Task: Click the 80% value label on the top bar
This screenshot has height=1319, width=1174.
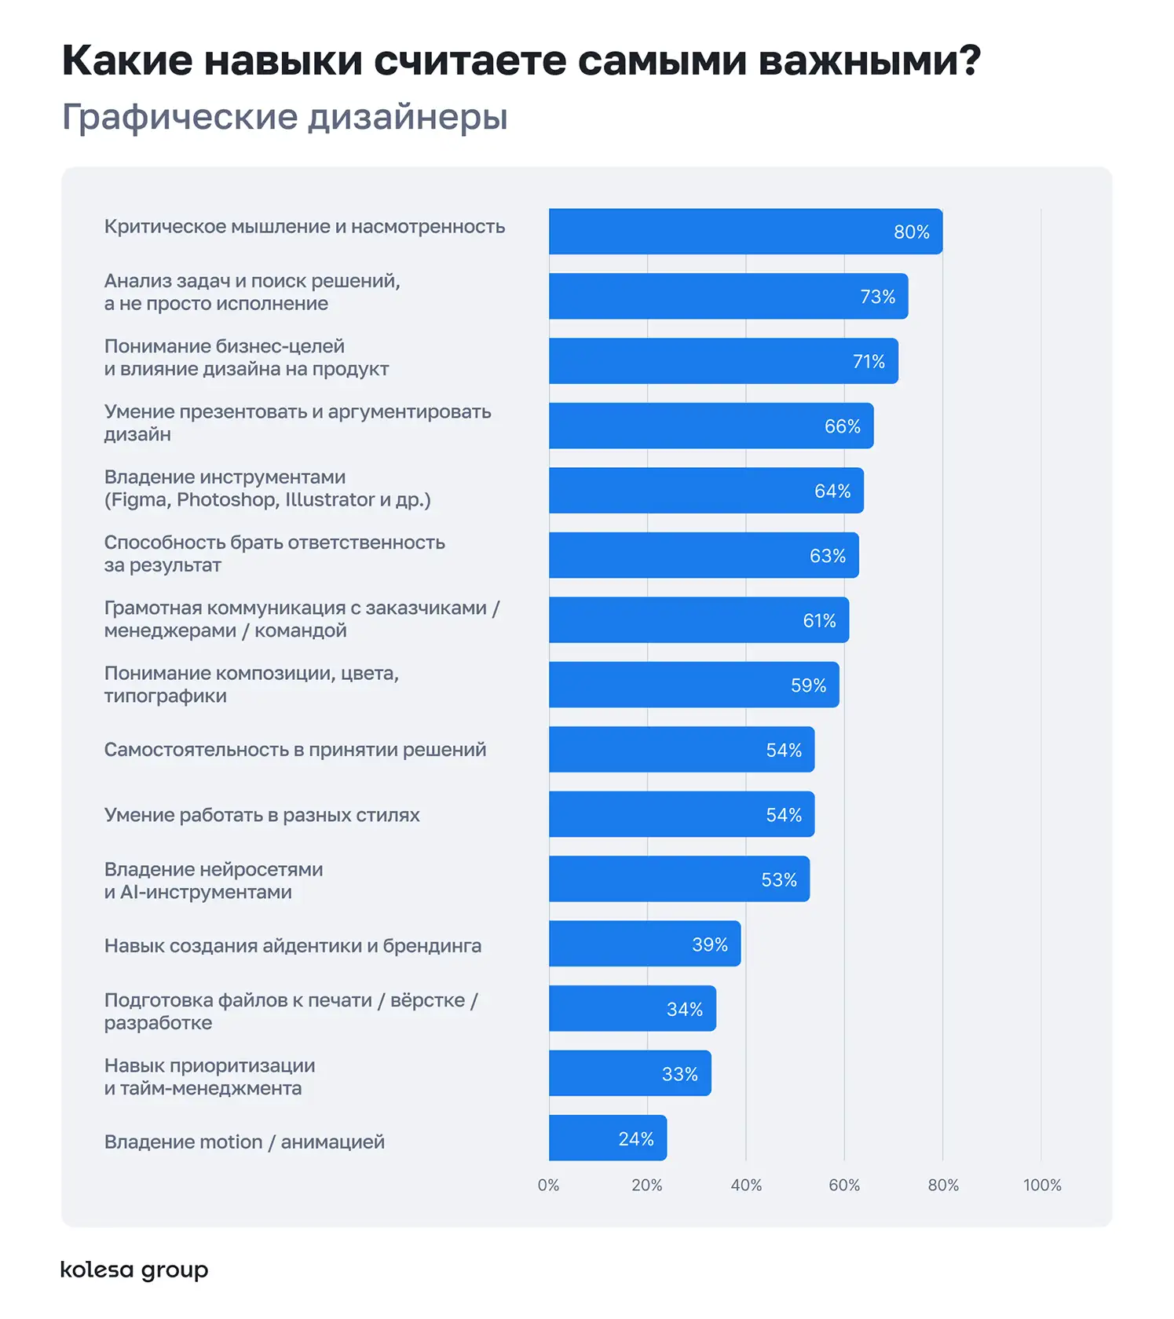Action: pyautogui.click(x=911, y=232)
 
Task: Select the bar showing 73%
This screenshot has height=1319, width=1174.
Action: pyautogui.click(x=728, y=296)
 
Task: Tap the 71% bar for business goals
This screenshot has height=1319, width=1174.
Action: pyautogui.click(x=722, y=361)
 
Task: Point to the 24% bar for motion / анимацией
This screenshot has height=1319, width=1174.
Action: pyautogui.click(x=607, y=1138)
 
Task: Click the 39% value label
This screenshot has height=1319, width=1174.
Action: pyautogui.click(x=709, y=944)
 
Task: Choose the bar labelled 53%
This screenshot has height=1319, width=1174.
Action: pyautogui.click(x=678, y=879)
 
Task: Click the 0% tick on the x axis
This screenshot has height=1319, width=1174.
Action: pyautogui.click(x=548, y=1185)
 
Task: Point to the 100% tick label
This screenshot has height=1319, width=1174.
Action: pyautogui.click(x=1041, y=1185)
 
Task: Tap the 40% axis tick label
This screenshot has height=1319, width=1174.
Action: pyautogui.click(x=746, y=1185)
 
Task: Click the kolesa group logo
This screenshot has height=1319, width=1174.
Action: pyautogui.click(x=134, y=1270)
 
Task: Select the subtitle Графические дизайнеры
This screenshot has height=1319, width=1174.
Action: pyautogui.click(x=284, y=117)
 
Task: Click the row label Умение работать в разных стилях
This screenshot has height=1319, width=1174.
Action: pyautogui.click(x=261, y=815)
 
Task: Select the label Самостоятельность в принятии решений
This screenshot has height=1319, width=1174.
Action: pyautogui.click(x=294, y=750)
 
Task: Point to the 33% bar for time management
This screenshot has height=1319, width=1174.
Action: pyautogui.click(x=630, y=1073)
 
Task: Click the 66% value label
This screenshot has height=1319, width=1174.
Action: pyautogui.click(x=842, y=426)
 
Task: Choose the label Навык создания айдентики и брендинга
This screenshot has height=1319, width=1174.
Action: pyautogui.click(x=292, y=946)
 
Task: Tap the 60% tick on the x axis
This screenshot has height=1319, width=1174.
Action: pyautogui.click(x=844, y=1185)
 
